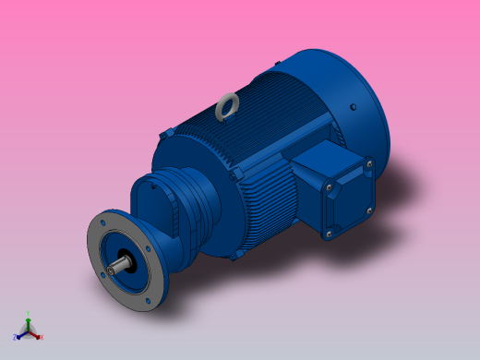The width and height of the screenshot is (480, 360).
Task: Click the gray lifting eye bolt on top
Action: (225, 109)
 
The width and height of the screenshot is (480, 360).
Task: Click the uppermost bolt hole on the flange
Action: (104, 222)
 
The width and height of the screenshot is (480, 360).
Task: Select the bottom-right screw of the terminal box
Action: (368, 211)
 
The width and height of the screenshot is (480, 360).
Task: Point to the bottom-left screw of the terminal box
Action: (328, 234)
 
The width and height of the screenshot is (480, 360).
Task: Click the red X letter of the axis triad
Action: (41, 337)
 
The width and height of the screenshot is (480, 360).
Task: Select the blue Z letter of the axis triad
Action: (16, 337)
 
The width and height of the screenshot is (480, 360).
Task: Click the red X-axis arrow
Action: (35, 333)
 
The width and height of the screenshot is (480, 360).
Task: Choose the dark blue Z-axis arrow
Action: (21, 333)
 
